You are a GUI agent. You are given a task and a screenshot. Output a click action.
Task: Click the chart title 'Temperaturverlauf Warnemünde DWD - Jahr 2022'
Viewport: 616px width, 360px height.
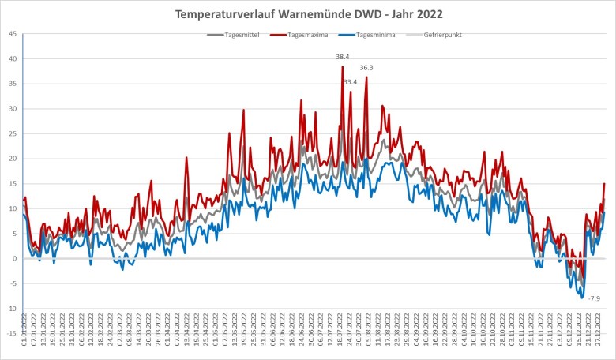(308, 14)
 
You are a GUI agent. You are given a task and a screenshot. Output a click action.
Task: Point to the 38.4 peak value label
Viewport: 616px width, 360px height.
(342, 57)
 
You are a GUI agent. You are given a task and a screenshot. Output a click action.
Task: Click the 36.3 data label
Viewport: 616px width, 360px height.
(366, 68)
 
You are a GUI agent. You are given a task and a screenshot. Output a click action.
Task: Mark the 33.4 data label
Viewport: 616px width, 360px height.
(350, 82)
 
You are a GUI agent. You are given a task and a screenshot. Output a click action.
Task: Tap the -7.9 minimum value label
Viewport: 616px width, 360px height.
(594, 298)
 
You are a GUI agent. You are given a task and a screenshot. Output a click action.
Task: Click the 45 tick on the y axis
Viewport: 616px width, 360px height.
(12, 34)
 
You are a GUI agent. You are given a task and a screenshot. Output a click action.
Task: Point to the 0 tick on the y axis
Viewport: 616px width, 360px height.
(14, 258)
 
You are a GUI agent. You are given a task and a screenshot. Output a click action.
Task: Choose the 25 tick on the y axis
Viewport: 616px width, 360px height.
(12, 133)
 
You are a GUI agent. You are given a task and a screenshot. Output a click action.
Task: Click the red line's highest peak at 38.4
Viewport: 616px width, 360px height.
(342, 66)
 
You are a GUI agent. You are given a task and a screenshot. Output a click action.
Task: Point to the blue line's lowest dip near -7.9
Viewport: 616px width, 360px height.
(583, 298)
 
